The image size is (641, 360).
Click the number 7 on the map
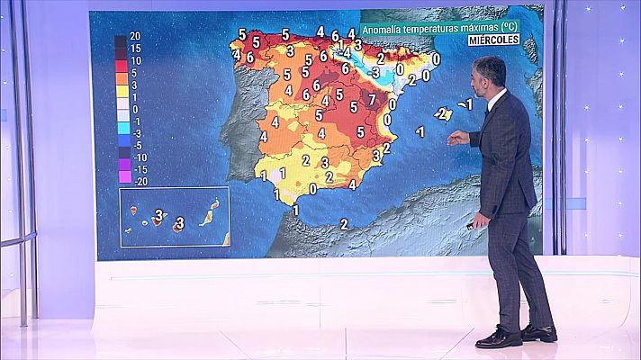pos(372,98)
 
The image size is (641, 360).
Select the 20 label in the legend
pos(134,36)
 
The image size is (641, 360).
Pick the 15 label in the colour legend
pos(134,48)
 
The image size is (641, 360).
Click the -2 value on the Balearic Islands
pos(441,113)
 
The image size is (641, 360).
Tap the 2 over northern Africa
pos(344,223)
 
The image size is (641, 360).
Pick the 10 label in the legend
pos(134,59)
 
